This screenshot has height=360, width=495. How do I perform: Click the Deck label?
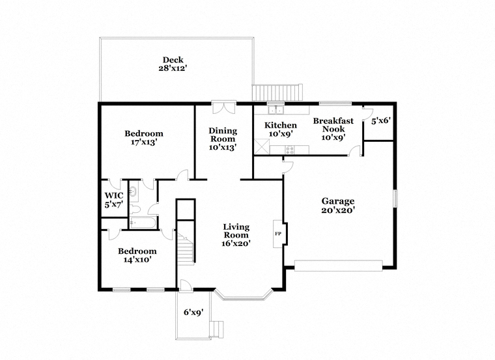click(x=173, y=60)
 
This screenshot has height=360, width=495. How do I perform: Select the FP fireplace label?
click(x=278, y=234)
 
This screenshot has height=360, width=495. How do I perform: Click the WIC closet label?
click(x=114, y=195)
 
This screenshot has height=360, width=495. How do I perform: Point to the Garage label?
click(x=338, y=201)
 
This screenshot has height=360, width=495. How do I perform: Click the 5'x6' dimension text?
click(x=381, y=120)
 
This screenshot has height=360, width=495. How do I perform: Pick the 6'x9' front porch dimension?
click(x=193, y=312)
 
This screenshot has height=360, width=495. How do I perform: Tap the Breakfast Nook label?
click(x=333, y=125)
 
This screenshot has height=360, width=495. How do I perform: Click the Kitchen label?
click(x=281, y=125)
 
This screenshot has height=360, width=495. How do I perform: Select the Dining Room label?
click(x=223, y=135)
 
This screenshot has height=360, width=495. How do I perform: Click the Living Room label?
click(x=236, y=231)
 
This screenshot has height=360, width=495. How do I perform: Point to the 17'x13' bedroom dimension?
click(x=144, y=143)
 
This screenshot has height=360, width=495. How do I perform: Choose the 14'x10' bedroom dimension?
click(x=137, y=260)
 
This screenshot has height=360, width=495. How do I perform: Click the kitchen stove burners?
click(x=290, y=150)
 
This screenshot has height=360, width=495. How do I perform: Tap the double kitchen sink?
click(x=276, y=110)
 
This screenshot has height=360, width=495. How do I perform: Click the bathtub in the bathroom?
click(x=143, y=223)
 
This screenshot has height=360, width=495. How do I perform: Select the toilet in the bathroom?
click(x=135, y=209)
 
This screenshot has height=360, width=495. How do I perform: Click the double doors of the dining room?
click(x=224, y=107)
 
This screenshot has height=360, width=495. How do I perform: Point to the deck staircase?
click(x=277, y=92)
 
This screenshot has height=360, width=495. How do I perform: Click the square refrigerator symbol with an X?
click(x=262, y=146)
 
